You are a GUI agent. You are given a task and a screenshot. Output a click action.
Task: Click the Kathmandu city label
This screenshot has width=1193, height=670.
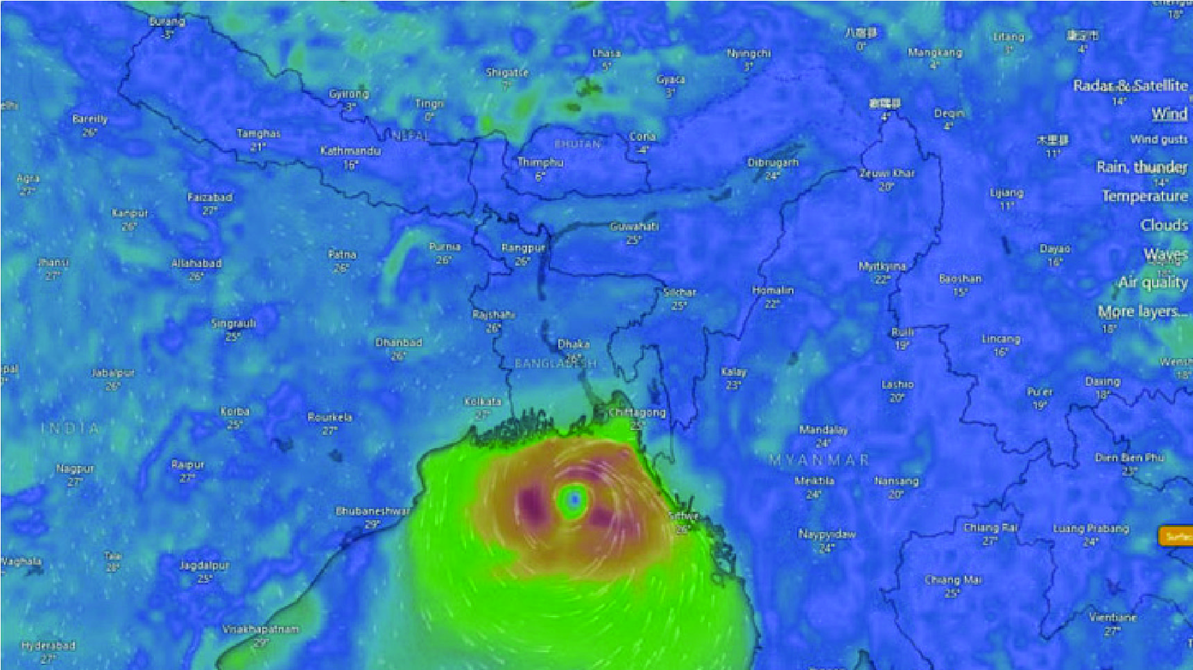pyautogui.click(x=350, y=151)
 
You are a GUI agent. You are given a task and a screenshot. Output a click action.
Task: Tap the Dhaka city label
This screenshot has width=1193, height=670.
pyautogui.click(x=574, y=344)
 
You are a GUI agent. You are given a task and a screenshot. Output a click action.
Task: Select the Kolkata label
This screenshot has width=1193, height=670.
pyautogui.click(x=482, y=402)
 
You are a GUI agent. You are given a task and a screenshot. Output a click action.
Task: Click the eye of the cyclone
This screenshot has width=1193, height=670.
pyautogui.click(x=574, y=499)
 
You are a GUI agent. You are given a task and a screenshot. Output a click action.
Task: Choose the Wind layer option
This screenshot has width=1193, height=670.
pyautogui.click(x=1169, y=114)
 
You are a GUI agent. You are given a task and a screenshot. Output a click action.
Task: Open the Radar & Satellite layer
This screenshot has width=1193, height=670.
pyautogui.click(x=1130, y=86)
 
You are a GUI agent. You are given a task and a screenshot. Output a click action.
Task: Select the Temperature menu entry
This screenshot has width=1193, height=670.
pyautogui.click(x=1144, y=196)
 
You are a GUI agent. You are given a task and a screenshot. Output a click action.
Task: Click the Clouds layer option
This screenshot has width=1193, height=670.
pyautogui.click(x=1164, y=225)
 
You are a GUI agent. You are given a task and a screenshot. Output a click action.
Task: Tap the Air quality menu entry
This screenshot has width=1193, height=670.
pyautogui.click(x=1153, y=282)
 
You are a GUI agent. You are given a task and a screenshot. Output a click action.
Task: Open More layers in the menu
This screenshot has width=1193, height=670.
pyautogui.click(x=1142, y=311)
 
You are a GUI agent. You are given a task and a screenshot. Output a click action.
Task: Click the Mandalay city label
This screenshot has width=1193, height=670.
pyautogui.click(x=823, y=430)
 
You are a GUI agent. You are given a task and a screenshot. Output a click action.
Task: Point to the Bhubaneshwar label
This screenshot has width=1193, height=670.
pyautogui.click(x=372, y=511)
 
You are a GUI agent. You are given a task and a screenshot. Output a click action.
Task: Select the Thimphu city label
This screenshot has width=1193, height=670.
pyautogui.click(x=540, y=162)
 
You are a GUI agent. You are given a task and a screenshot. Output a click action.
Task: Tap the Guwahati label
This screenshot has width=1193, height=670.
pyautogui.click(x=634, y=227)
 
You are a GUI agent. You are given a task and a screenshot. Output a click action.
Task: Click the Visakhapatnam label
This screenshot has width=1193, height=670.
pyautogui.click(x=261, y=629)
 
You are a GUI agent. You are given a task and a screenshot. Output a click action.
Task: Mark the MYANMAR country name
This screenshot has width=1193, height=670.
pyautogui.click(x=818, y=460)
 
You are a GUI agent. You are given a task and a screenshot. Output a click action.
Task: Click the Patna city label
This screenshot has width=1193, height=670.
pyautogui.click(x=342, y=255)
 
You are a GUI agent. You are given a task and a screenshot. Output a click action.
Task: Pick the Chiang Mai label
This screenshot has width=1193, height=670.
pyautogui.click(x=953, y=580)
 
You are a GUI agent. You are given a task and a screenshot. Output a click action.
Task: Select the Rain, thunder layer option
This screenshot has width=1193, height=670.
pyautogui.click(x=1142, y=167)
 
